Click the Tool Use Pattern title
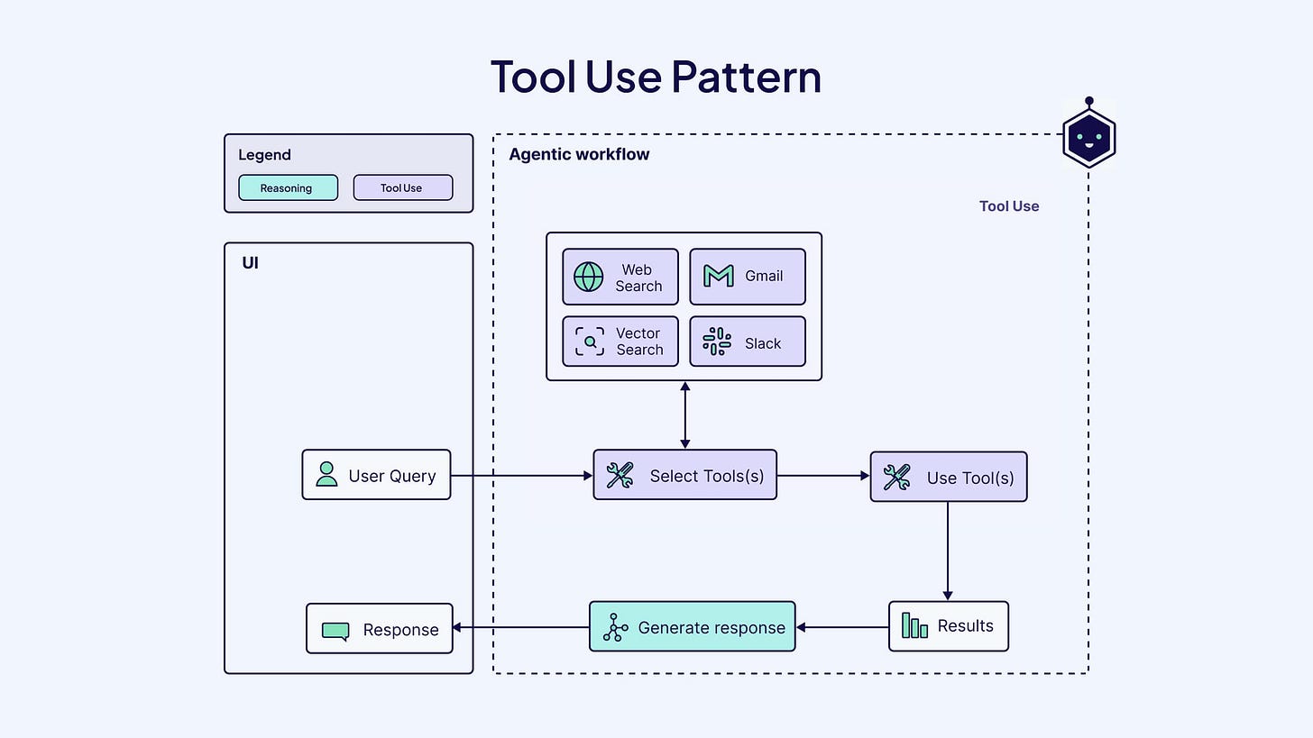click(656, 77)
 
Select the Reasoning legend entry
click(288, 187)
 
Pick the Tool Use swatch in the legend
click(402, 187)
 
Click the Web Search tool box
click(620, 278)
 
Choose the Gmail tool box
click(747, 278)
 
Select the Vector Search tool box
click(620, 342)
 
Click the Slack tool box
click(747, 342)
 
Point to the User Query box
click(376, 475)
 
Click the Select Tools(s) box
click(684, 475)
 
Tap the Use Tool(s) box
click(948, 477)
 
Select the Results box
click(948, 626)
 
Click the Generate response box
click(692, 626)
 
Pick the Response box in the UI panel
click(379, 629)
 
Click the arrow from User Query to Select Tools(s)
click(521, 475)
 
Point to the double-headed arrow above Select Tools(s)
click(685, 415)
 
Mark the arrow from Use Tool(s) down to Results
click(948, 550)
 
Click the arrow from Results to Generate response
click(842, 627)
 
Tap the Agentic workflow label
click(579, 154)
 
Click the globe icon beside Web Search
click(588, 277)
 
